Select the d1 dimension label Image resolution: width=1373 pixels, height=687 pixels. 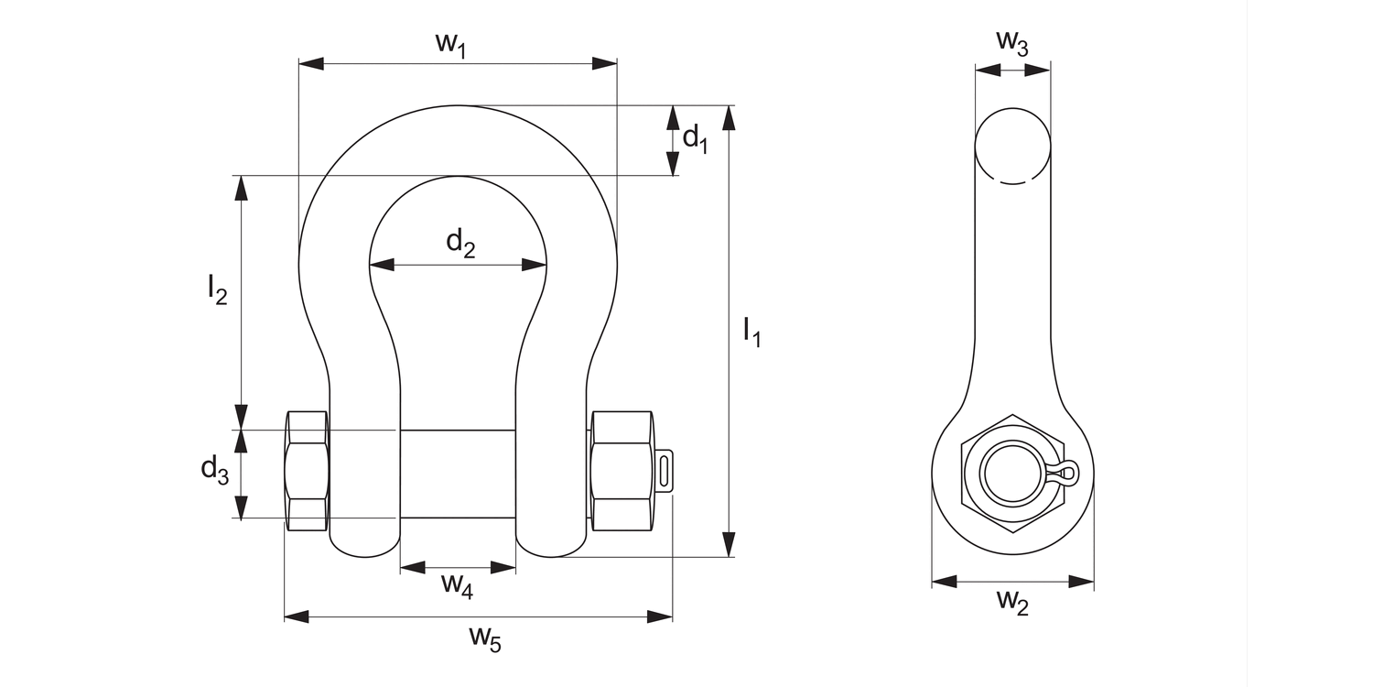(x=696, y=138)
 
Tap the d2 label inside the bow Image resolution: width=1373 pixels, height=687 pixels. (x=460, y=244)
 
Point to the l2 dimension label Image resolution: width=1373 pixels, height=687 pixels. (x=216, y=290)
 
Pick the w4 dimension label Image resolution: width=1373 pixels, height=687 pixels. (x=457, y=583)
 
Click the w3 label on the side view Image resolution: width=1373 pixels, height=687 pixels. (x=1011, y=42)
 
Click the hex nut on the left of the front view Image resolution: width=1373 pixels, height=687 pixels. (x=307, y=472)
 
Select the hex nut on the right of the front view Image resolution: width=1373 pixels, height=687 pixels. (x=622, y=472)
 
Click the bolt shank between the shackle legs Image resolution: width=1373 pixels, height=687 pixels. (x=458, y=474)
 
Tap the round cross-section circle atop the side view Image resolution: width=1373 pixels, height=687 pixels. (x=1012, y=146)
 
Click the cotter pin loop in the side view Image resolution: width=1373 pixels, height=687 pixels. (x=1067, y=473)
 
